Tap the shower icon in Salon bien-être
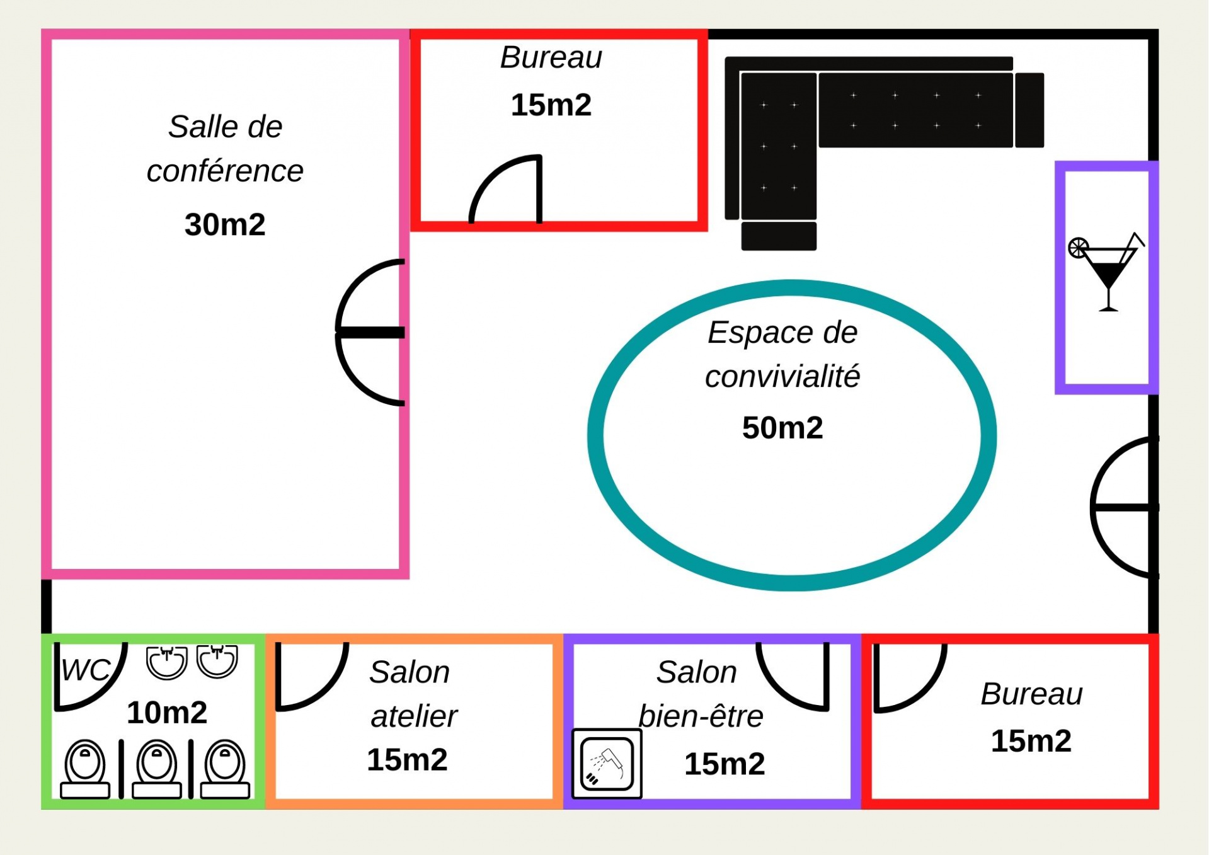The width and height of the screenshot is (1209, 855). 607,763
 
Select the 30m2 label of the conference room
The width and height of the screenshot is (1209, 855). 225,224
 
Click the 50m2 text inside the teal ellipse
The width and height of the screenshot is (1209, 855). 782,428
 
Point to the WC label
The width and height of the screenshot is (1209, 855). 85,670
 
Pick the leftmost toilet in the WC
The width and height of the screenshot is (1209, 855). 85,769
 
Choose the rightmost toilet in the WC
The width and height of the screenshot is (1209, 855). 225,769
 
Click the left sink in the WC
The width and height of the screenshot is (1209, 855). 166,662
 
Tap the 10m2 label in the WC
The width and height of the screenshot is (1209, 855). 167,713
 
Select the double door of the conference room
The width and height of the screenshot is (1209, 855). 370,332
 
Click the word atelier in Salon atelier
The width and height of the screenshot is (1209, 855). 414,716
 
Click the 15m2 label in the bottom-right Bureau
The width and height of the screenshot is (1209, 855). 1031,741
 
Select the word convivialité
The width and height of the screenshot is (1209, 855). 782,377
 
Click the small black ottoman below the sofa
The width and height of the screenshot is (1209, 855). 779,236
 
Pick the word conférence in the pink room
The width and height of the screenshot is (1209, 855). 225,171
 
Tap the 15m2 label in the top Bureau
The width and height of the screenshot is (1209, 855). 551,105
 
